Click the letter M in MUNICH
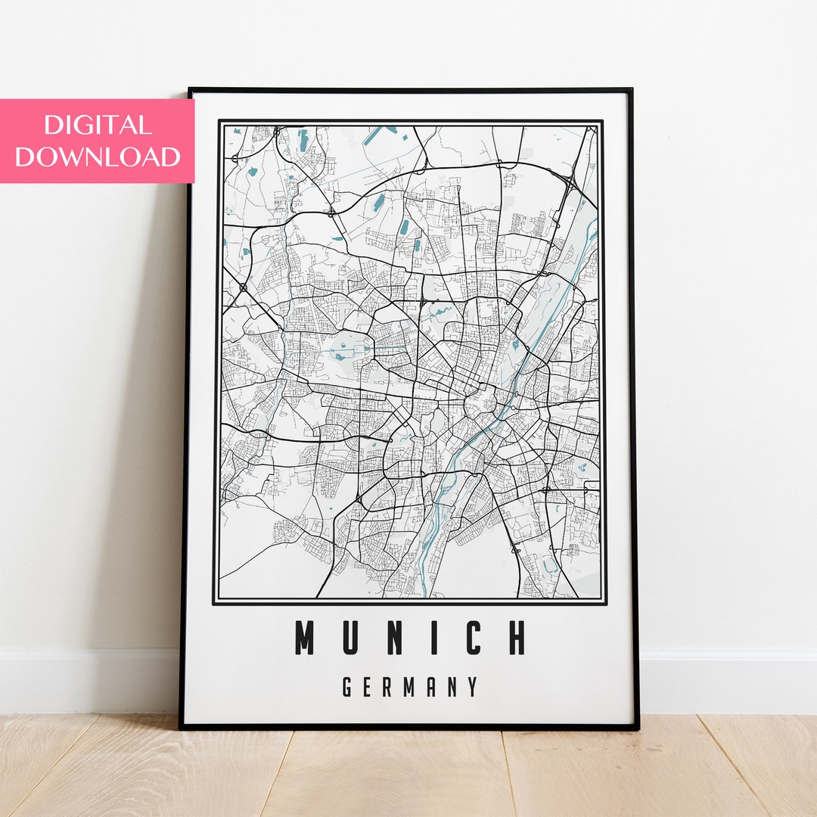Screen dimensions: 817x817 (304, 638)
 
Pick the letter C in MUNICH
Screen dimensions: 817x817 (472, 638)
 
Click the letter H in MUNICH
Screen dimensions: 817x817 (517, 638)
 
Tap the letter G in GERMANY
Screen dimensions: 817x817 (347, 687)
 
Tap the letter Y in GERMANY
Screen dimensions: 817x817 (474, 687)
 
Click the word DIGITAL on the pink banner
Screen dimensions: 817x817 (98, 125)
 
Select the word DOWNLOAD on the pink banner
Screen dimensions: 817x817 (98, 157)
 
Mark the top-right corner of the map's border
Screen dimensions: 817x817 (604, 121)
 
